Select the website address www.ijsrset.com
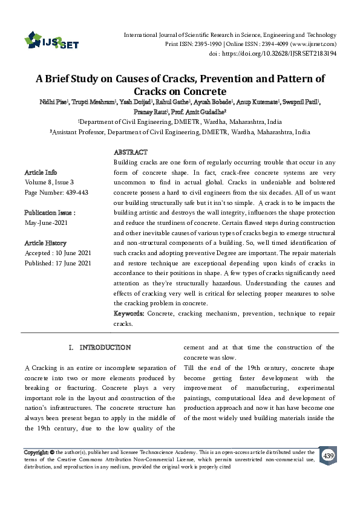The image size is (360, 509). (x=314, y=44)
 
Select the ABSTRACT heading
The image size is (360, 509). (x=131, y=152)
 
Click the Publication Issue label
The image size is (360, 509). (x=50, y=213)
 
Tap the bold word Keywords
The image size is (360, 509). (x=129, y=314)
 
